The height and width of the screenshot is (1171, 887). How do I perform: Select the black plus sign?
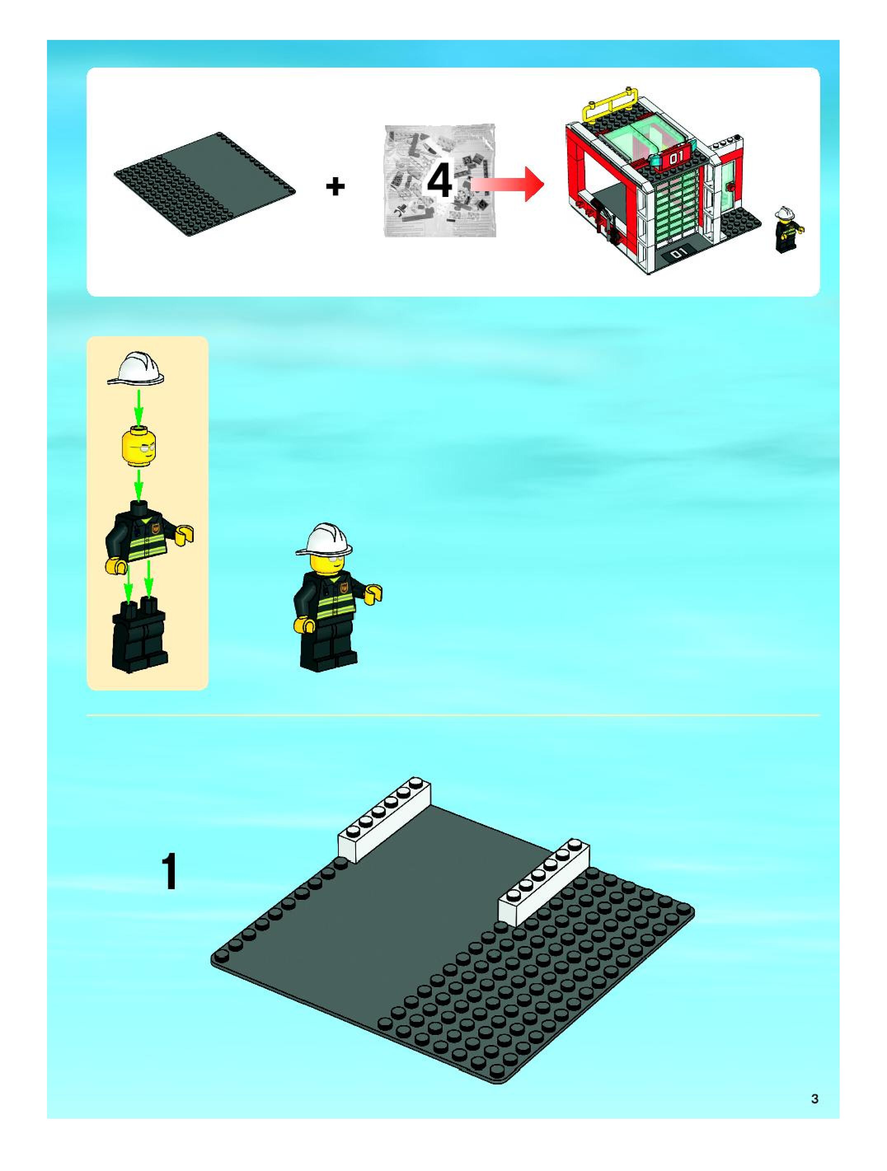(x=335, y=186)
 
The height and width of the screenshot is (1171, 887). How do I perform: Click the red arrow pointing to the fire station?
(x=507, y=184)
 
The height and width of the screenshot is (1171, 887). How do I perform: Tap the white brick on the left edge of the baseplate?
(x=385, y=820)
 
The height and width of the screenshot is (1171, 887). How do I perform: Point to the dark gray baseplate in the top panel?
(x=205, y=184)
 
